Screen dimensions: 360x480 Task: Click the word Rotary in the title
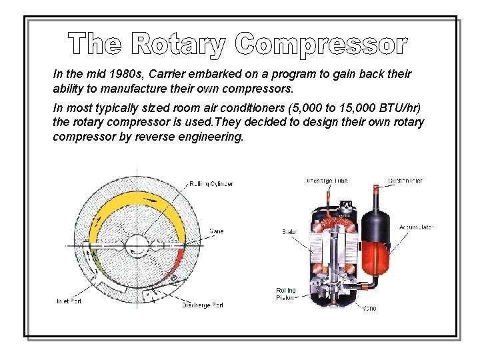[180, 45]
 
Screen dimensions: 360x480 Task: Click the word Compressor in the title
[321, 45]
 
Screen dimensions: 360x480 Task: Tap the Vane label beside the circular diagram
[217, 231]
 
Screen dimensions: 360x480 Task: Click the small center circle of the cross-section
[140, 246]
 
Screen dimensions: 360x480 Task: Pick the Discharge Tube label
[326, 181]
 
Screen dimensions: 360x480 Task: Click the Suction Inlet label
[405, 181]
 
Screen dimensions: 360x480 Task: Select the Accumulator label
[416, 227]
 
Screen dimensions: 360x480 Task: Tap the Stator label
[289, 232]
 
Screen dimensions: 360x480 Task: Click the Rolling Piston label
[286, 295]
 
